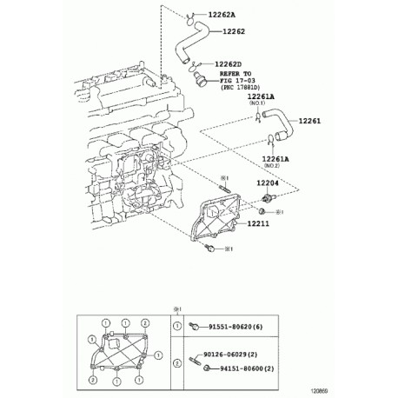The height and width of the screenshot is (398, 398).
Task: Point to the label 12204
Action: [x=269, y=183]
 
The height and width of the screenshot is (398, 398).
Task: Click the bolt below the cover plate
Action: [x=209, y=249]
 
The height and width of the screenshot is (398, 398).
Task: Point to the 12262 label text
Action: [x=235, y=32]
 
